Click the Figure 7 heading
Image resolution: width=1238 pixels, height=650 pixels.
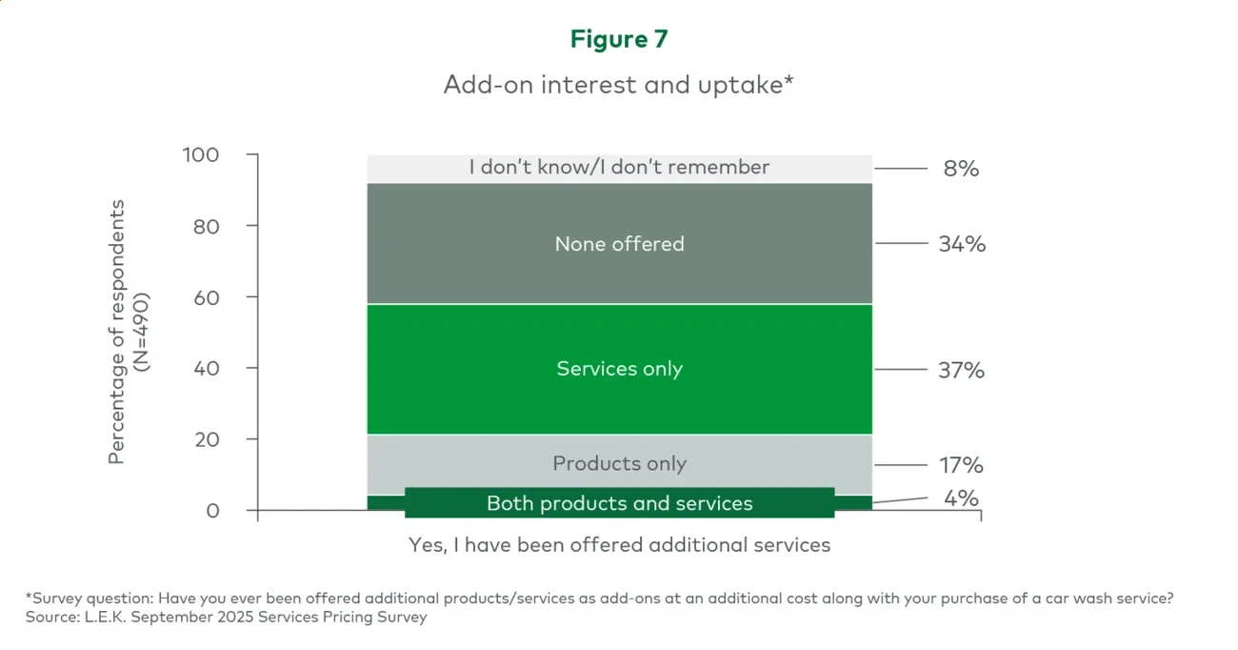click(x=619, y=39)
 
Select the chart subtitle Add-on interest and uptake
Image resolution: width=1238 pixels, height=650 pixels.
click(x=619, y=84)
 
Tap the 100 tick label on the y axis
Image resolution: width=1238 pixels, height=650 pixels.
click(x=201, y=154)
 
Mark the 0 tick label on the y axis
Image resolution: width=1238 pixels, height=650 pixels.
click(x=212, y=511)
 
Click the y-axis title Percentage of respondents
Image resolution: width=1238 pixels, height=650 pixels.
click(x=117, y=332)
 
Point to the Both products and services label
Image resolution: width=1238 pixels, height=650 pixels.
click(x=619, y=503)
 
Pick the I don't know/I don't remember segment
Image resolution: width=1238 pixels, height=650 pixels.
click(x=619, y=168)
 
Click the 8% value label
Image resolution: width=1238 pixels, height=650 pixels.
click(x=961, y=169)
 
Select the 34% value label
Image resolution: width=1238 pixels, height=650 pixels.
click(x=961, y=244)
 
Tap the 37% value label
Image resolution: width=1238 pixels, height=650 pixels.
click(x=961, y=370)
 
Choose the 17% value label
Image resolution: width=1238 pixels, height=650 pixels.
click(x=961, y=465)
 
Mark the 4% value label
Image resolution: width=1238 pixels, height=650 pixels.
click(x=961, y=498)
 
